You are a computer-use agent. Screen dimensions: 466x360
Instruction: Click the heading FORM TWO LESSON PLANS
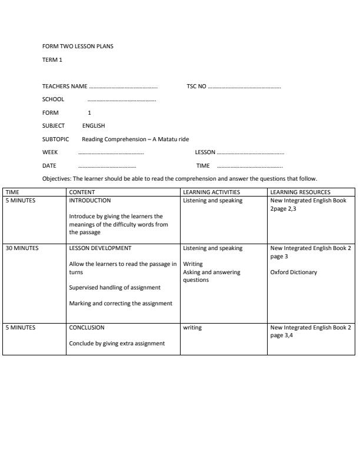click(78, 46)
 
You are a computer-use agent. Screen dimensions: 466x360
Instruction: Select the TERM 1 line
click(52, 60)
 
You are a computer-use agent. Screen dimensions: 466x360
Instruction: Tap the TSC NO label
click(196, 86)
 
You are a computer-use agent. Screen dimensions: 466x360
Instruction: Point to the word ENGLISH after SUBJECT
click(94, 126)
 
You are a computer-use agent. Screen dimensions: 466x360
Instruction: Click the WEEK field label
click(50, 152)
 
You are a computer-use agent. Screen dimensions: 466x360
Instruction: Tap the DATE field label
click(49, 166)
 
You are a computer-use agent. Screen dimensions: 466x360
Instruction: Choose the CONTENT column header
click(82, 192)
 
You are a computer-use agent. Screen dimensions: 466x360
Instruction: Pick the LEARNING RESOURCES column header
click(300, 192)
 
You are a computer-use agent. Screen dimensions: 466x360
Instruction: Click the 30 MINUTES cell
click(22, 248)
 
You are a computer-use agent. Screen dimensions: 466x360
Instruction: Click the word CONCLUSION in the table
click(86, 328)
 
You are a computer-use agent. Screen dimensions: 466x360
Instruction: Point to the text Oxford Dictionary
click(294, 272)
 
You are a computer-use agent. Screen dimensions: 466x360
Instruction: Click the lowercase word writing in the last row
click(192, 328)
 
